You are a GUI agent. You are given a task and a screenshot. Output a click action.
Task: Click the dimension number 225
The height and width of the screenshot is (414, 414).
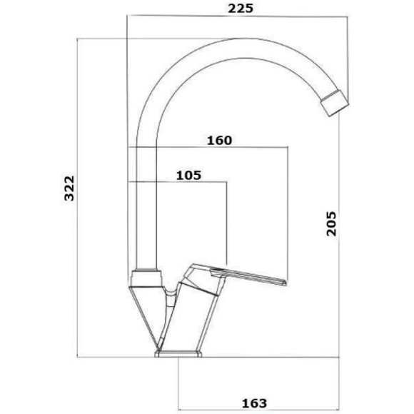coord(241,9)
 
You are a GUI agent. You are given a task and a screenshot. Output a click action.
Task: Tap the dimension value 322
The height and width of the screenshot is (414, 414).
coord(70,188)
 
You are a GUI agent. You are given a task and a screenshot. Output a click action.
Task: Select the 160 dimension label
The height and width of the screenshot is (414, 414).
coord(219,141)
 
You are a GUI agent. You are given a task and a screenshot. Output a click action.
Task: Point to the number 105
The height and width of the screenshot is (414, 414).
coord(188,176)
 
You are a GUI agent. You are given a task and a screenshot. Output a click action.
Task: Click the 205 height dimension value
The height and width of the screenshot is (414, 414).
coord(332,223)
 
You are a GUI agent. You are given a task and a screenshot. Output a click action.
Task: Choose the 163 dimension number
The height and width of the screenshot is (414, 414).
coord(254,403)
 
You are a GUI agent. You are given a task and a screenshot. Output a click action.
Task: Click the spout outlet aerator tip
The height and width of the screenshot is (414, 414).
coord(335,103)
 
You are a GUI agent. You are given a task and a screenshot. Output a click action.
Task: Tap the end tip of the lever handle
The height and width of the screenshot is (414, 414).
coord(285,283)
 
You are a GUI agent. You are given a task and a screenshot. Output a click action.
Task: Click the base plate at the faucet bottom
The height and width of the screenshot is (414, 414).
coord(178,354)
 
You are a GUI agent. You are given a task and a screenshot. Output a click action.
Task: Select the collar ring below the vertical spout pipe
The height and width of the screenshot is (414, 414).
coord(146,278)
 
